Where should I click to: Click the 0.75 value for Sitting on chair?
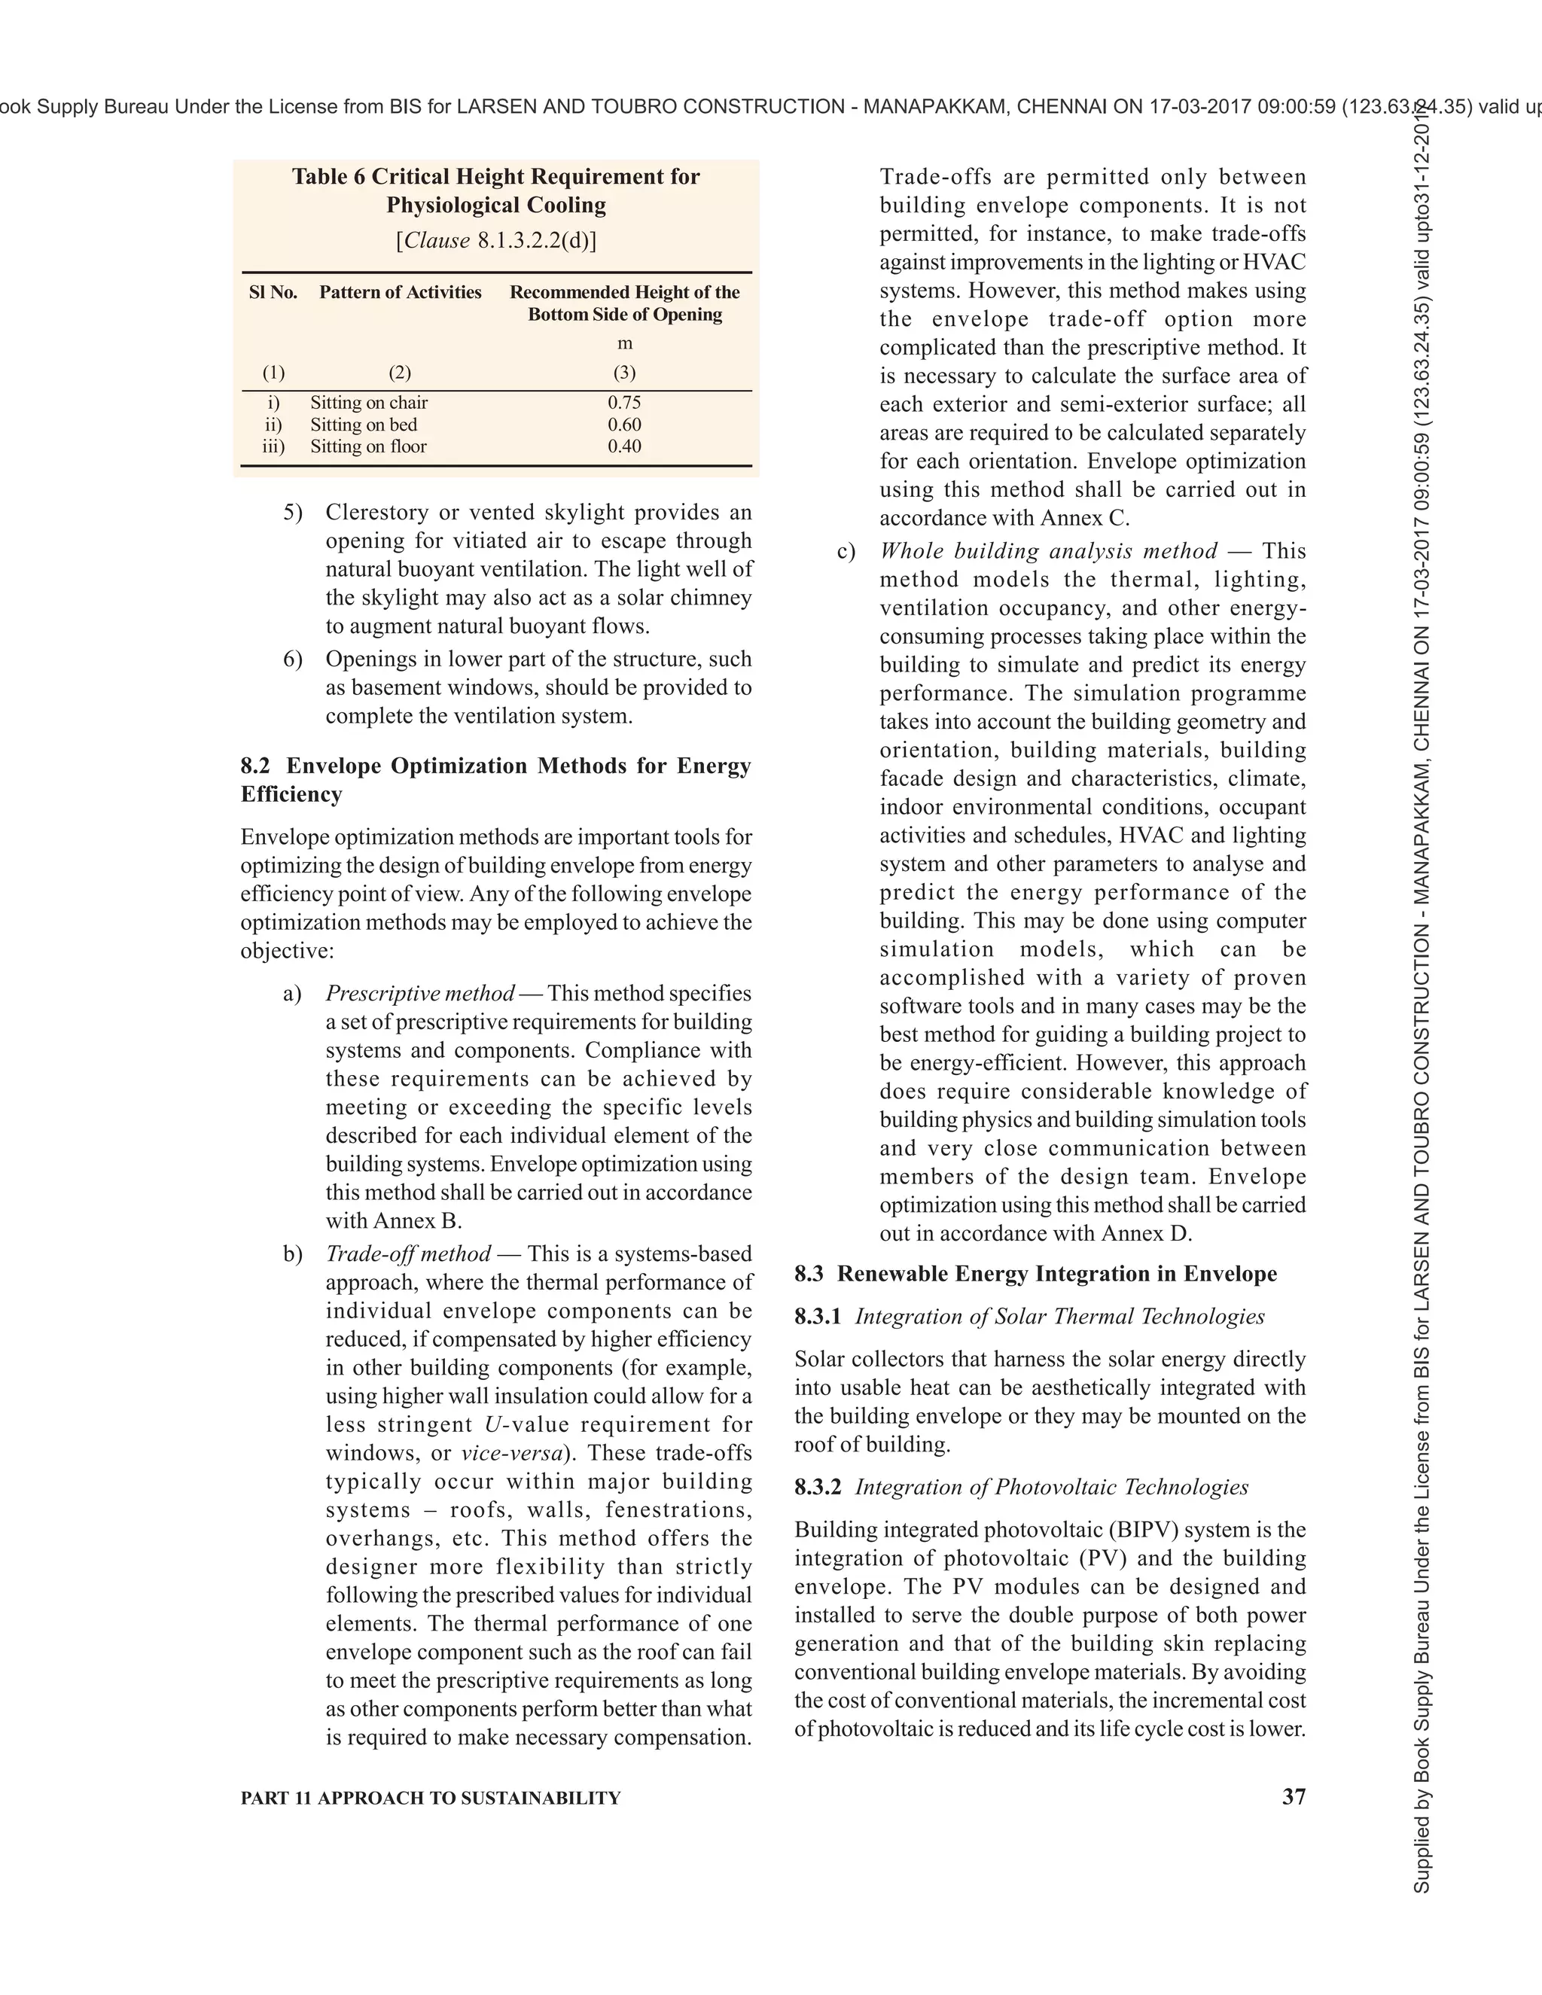[x=624, y=403]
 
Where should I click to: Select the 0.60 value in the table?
[x=624, y=425]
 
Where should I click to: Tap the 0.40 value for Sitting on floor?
[x=624, y=446]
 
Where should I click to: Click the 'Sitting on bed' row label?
[x=364, y=425]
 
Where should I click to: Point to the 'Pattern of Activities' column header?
[x=400, y=292]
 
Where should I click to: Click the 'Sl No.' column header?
[x=273, y=292]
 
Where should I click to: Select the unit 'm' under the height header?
[x=624, y=343]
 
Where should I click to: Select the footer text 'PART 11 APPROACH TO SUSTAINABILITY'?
[x=430, y=1798]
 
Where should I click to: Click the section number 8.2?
[x=255, y=766]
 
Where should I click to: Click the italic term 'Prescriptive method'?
[x=420, y=993]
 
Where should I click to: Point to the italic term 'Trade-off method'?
[x=408, y=1253]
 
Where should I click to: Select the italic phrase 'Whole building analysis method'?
[x=1048, y=551]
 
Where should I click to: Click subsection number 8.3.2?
[x=818, y=1487]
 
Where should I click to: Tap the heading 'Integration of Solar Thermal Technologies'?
[x=1059, y=1316]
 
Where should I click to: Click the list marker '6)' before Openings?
[x=292, y=659]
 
